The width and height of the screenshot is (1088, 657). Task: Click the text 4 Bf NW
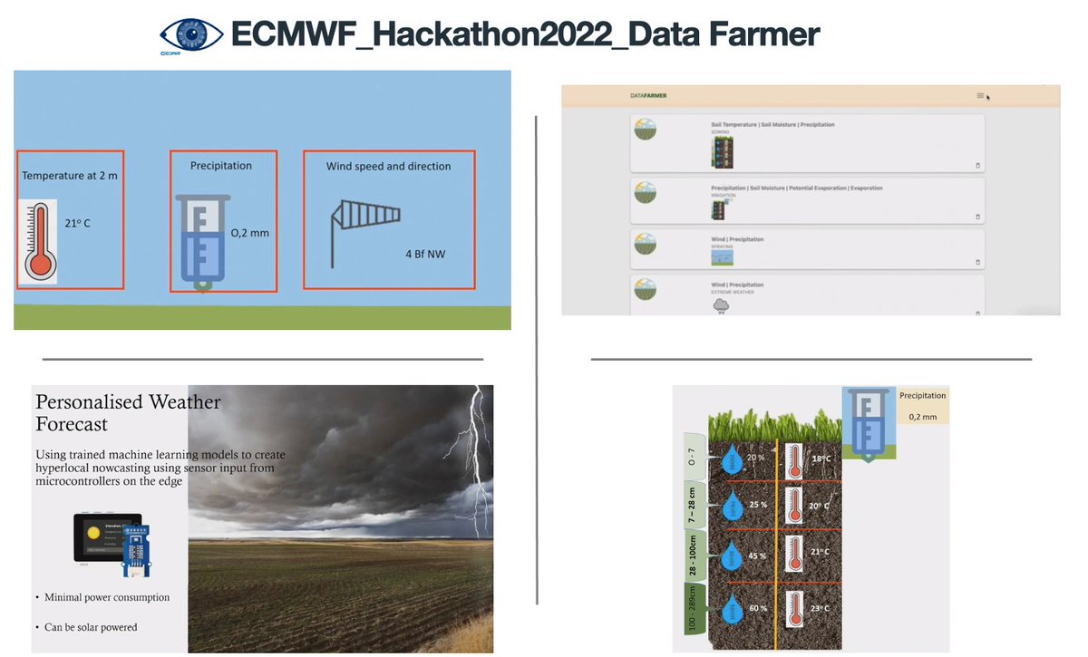point(425,254)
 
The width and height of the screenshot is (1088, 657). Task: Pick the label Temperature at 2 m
point(70,176)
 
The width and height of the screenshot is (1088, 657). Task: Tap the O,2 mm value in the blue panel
point(250,233)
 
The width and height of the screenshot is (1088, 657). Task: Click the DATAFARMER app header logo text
point(648,96)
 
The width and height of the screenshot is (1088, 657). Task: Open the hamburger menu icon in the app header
point(980,95)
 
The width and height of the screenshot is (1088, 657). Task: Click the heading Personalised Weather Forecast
point(128,412)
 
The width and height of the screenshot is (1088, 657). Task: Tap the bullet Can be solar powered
point(91,627)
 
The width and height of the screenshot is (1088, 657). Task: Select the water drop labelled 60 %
point(732,610)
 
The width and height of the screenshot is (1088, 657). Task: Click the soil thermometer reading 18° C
point(795,458)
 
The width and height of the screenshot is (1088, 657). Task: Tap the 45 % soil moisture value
point(757,556)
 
